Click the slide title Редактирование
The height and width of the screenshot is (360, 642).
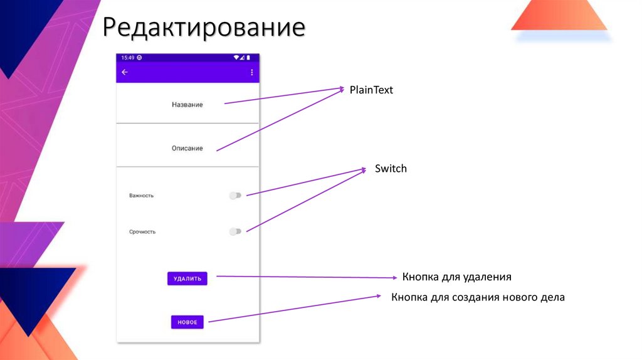204,28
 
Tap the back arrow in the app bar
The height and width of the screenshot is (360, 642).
124,72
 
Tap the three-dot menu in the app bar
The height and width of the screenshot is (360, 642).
251,72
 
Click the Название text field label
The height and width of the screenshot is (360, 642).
187,105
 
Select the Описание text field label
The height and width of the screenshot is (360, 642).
187,149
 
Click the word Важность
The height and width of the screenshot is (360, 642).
141,196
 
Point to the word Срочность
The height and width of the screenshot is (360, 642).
142,232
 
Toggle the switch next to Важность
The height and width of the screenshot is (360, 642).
235,196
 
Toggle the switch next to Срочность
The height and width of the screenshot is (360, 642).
235,232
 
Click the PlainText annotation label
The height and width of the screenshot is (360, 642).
371,90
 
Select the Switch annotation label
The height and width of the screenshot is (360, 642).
391,169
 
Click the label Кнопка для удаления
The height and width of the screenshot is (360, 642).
457,277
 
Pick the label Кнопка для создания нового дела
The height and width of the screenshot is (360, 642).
478,297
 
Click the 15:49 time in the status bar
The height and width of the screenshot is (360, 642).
128,58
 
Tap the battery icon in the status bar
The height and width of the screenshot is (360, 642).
248,58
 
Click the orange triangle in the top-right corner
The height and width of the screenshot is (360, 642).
559,16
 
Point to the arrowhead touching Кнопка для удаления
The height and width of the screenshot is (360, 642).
395,277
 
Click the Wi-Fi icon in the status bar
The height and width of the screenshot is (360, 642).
236,58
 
